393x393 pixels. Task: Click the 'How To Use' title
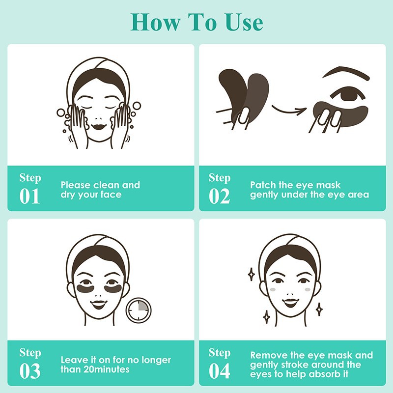click(196, 22)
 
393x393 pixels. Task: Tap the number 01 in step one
click(29, 196)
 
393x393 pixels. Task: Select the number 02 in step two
click(220, 196)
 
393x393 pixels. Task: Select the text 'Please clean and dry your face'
click(100, 190)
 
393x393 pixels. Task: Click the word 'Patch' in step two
click(263, 185)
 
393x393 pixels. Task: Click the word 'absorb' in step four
click(323, 374)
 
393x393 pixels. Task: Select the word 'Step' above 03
click(29, 352)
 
